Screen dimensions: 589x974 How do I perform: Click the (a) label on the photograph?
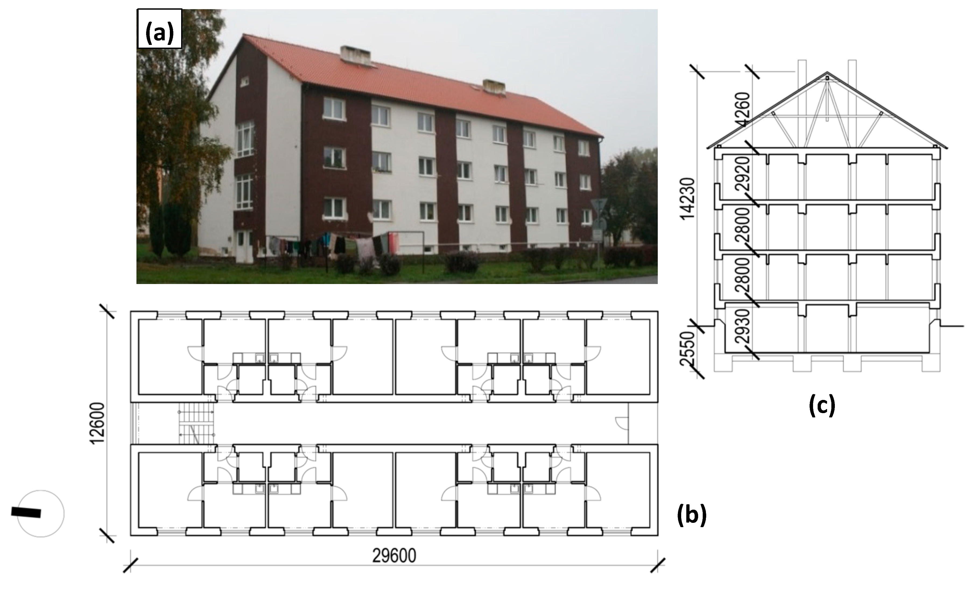tap(159, 29)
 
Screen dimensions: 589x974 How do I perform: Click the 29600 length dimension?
tap(394, 556)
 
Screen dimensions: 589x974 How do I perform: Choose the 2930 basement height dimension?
tap(743, 326)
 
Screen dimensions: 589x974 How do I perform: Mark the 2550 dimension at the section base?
tap(688, 349)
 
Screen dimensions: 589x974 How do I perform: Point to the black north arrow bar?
tap(26, 512)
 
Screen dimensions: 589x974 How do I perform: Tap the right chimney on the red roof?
tap(494, 87)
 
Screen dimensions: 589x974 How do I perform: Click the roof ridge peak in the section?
tap(827, 73)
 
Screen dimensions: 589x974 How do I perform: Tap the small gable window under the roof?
tap(244, 81)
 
